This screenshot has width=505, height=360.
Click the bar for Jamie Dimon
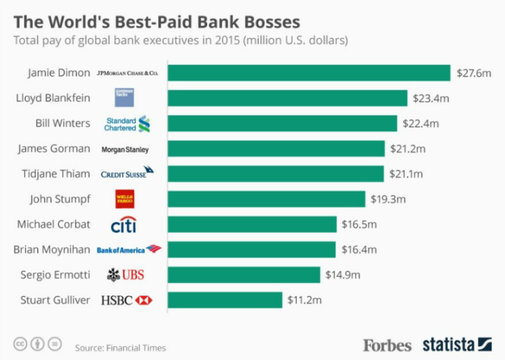(x=309, y=72)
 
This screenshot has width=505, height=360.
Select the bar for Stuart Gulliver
(x=224, y=300)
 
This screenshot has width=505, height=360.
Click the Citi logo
(x=123, y=225)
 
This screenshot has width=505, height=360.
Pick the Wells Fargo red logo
(x=124, y=199)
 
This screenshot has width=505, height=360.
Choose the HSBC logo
(x=126, y=300)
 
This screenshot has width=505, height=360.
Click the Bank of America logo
(x=129, y=250)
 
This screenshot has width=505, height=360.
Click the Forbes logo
(x=387, y=345)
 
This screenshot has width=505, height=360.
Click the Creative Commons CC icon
(x=21, y=344)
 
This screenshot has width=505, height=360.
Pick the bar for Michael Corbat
(x=252, y=224)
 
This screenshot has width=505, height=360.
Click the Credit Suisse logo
(x=127, y=173)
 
